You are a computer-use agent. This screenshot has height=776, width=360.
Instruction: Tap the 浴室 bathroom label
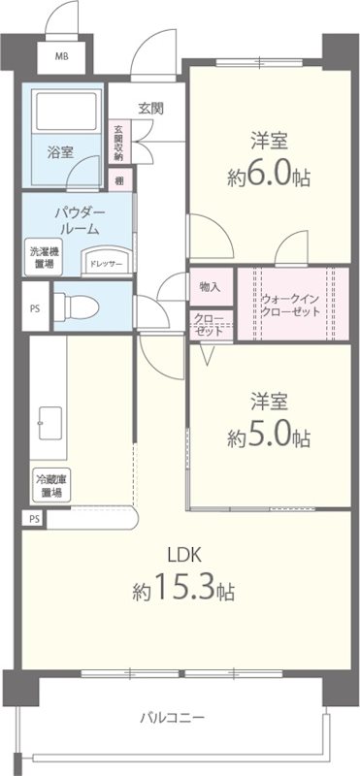coord(60,151)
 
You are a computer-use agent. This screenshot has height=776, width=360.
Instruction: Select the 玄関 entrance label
coord(149,108)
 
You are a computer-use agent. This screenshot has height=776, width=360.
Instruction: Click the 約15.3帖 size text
coord(183,589)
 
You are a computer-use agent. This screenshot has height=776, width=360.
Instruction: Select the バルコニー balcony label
coord(171,719)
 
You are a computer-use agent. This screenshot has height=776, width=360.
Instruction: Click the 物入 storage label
coord(210,286)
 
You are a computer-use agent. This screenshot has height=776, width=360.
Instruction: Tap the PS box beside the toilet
coord(35,310)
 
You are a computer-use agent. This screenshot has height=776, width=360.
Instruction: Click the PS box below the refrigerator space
coord(34,519)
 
